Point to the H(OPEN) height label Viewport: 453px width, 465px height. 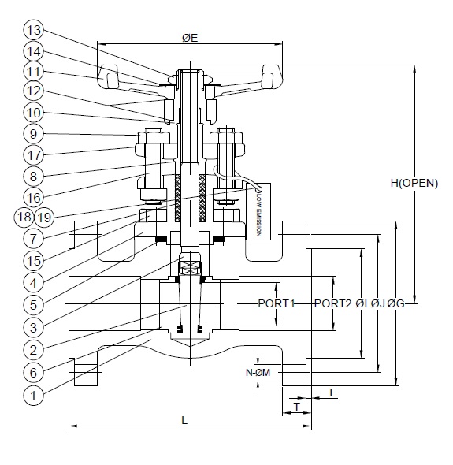click(413, 183)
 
